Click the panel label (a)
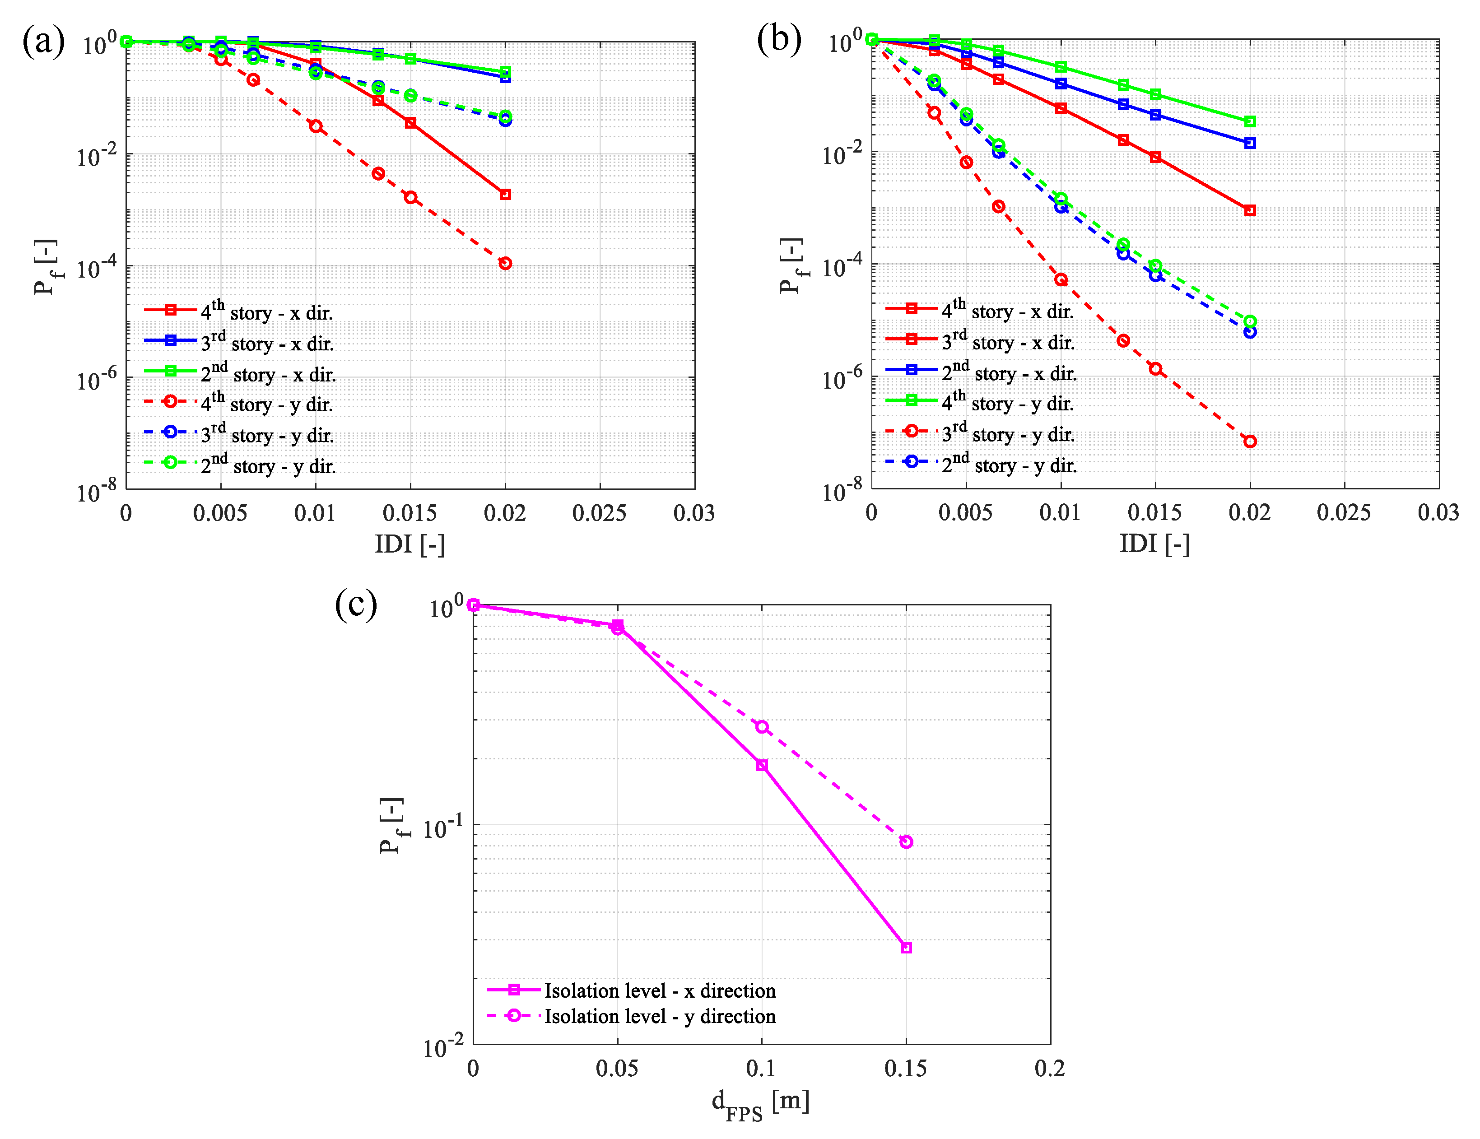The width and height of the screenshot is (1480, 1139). coord(43,42)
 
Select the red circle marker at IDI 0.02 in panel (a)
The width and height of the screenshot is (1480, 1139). coord(505,264)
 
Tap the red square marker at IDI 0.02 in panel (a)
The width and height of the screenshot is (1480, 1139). coord(505,195)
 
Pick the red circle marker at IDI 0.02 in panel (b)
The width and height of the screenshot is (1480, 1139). coord(1250,442)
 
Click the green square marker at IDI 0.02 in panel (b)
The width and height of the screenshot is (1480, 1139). coord(1250,121)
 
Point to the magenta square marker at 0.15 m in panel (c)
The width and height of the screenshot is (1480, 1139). coord(906,947)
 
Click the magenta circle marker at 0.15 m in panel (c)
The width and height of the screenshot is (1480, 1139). coord(906,841)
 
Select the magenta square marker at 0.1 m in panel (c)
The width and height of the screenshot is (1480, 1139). coord(762,765)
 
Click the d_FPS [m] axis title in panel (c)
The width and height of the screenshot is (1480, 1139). coord(760,1103)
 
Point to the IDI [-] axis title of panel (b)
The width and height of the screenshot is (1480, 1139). coord(1154,544)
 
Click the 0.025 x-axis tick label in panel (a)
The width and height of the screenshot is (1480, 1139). coord(599,513)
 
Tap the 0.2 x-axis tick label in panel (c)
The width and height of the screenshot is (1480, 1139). coord(1050,1069)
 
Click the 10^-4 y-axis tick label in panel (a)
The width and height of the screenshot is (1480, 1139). coord(96,267)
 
